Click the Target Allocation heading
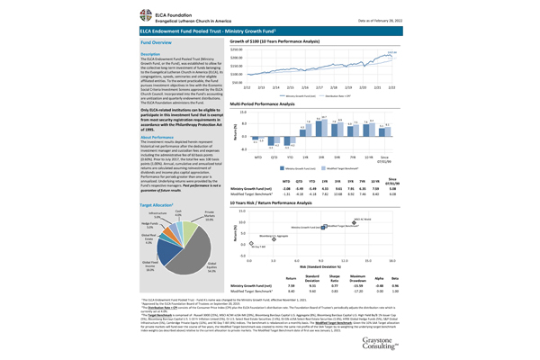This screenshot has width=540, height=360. [157, 180]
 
